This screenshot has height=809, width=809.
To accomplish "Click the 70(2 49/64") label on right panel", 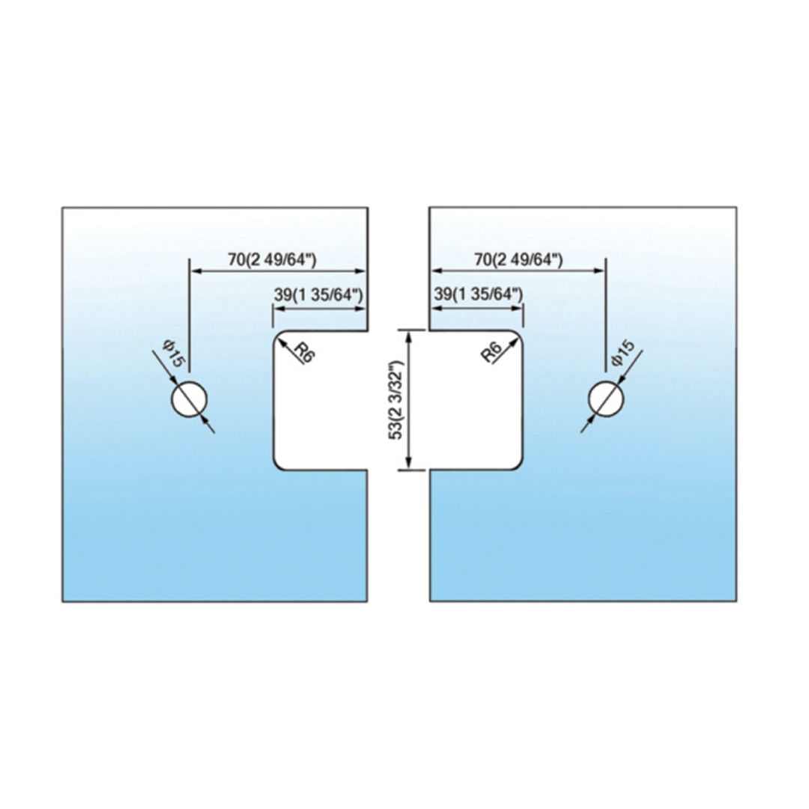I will (x=518, y=260).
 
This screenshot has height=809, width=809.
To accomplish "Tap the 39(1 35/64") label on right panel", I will (x=478, y=295).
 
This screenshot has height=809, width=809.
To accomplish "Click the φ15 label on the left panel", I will (x=172, y=352).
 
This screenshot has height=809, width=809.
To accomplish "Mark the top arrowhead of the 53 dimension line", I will (x=409, y=336).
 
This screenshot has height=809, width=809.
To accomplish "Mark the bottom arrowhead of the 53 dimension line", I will (x=409, y=464).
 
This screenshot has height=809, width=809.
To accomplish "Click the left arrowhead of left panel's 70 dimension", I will (x=195, y=272).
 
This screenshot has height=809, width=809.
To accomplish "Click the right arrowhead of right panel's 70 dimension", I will (x=599, y=272).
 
